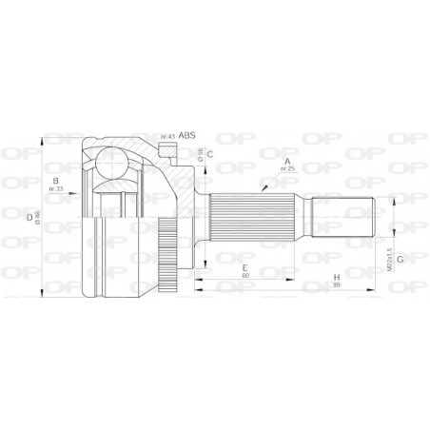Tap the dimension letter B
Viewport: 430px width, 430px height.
(x=57, y=181)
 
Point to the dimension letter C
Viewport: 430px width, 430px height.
(x=209, y=153)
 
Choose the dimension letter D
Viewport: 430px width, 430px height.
(x=29, y=218)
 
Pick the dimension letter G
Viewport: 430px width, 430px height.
(x=401, y=259)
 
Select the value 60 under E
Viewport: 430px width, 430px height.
(x=244, y=277)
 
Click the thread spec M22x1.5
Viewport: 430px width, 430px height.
(x=389, y=252)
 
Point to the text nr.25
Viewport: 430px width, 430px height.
(x=289, y=171)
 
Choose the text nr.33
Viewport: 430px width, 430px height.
(x=57, y=189)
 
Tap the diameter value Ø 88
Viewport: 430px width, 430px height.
(x=39, y=220)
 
